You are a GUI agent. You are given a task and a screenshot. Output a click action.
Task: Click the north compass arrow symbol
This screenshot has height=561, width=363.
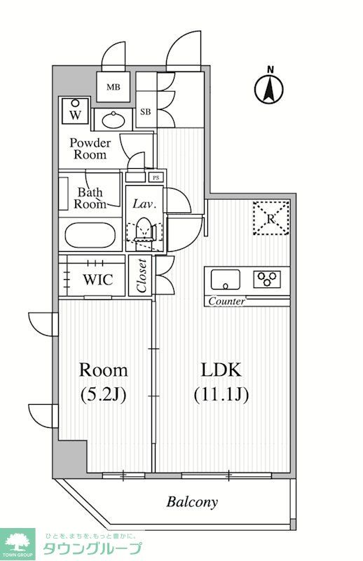point(268,86)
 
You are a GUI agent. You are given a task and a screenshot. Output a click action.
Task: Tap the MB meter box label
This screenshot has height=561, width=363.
point(112,88)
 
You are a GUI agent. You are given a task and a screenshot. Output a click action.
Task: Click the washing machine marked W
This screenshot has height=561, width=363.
point(75,111)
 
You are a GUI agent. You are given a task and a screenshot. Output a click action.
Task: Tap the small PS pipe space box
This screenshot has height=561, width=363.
point(156,177)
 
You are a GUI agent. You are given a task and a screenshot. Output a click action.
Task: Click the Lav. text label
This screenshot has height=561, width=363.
point(144,204)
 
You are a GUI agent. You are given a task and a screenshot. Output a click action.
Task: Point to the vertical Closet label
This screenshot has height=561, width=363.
point(142,276)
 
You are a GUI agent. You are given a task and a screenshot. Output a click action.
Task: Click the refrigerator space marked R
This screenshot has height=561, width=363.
point(270,217)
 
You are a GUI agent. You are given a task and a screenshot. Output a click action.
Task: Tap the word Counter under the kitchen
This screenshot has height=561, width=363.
point(226,302)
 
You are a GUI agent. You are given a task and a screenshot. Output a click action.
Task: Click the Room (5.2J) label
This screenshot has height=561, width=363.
point(103,382)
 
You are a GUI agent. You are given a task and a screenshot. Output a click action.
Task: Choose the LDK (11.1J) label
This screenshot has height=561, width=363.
point(221,382)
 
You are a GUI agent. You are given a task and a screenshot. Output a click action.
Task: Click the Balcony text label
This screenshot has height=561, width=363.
point(192,502)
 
